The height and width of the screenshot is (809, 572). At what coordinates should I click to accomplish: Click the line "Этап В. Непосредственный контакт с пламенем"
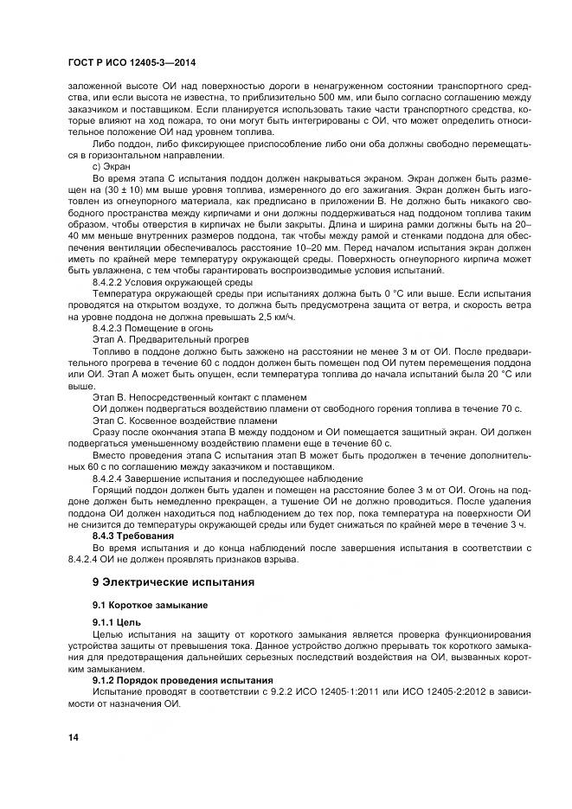tap(198, 396)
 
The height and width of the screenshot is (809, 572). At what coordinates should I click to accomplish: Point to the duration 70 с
tap(511, 408)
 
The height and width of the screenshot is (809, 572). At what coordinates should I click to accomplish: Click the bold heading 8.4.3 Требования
tap(133, 536)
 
